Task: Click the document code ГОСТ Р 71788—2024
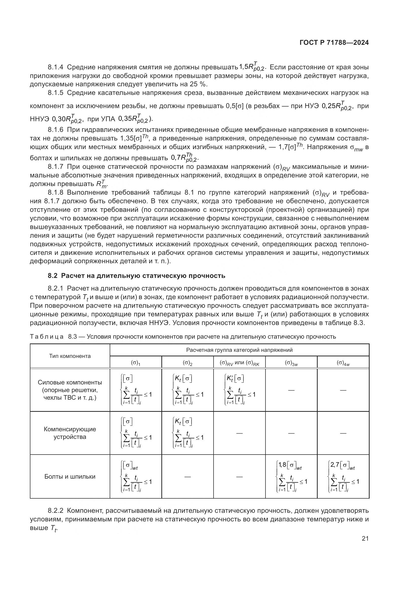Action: pyautogui.click(x=334, y=43)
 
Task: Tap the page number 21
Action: pyautogui.click(x=365, y=538)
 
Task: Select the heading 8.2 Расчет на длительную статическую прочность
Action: pyautogui.click(x=137, y=276)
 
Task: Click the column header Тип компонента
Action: pyautogui.click(x=70, y=356)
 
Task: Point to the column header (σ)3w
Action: pyautogui.click(x=291, y=363)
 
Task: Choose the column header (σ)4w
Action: pyautogui.click(x=343, y=363)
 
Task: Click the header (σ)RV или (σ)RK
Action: pyautogui.click(x=239, y=363)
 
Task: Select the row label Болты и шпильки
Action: pyautogui.click(x=70, y=477)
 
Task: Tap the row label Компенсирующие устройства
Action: pyautogui.click(x=70, y=433)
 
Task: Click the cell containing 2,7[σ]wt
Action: pyautogui.click(x=343, y=477)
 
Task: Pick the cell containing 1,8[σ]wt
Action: pyautogui.click(x=291, y=477)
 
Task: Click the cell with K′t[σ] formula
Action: pyautogui.click(x=239, y=390)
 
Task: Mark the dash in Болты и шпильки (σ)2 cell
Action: pyautogui.click(x=187, y=477)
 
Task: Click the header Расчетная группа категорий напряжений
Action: pyautogui.click(x=239, y=350)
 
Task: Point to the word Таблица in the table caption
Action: pyautogui.click(x=47, y=337)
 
